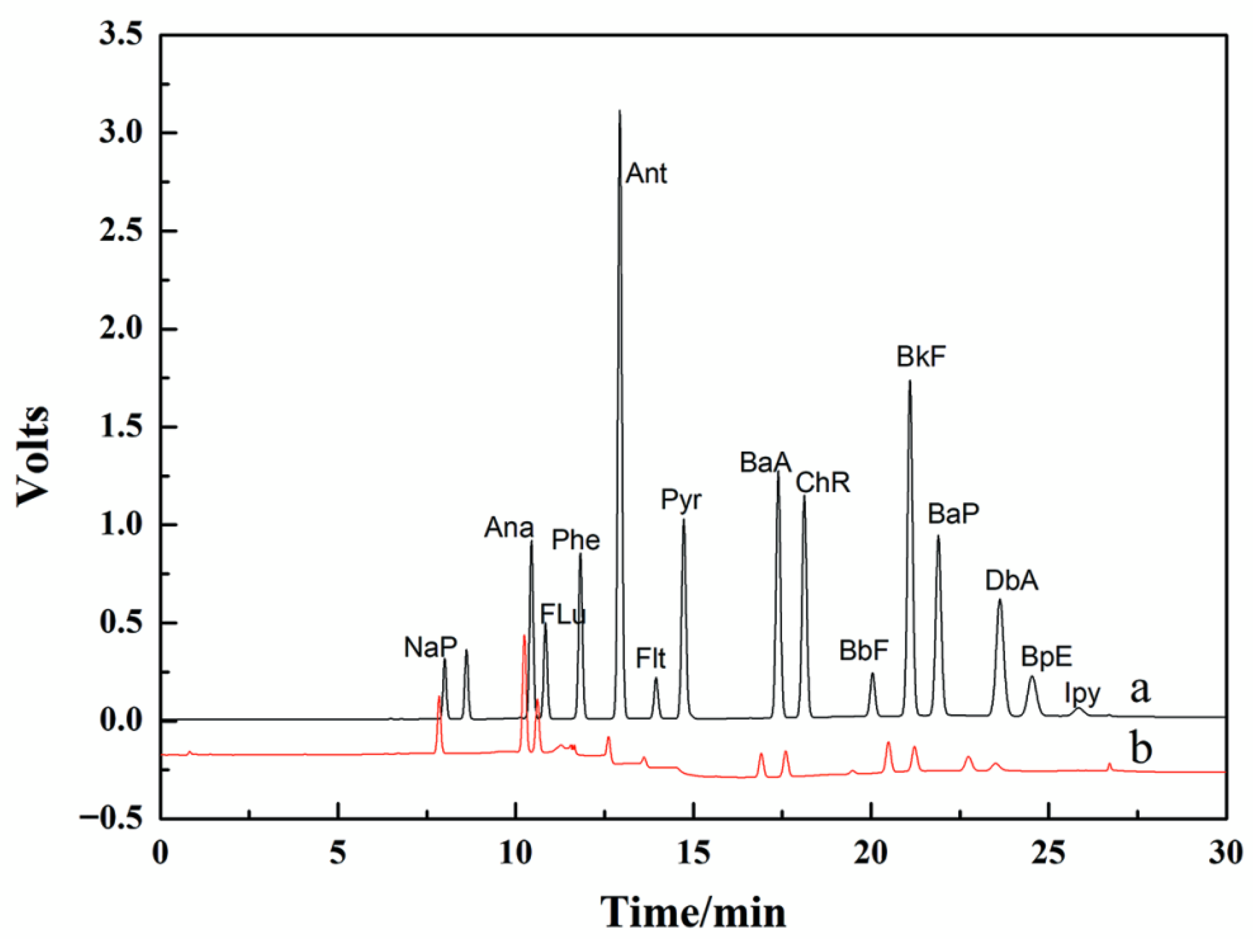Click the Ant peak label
click(x=646, y=173)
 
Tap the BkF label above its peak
click(x=921, y=357)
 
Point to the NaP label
click(x=431, y=647)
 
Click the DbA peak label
click(x=1012, y=581)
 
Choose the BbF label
click(x=864, y=651)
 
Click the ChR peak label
click(x=823, y=483)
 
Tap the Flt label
click(x=650, y=659)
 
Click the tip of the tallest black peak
click(x=620, y=111)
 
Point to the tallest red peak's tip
click(x=524, y=636)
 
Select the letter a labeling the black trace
click(x=1140, y=690)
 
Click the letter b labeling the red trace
click(x=1141, y=749)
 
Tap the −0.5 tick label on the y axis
click(x=111, y=818)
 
